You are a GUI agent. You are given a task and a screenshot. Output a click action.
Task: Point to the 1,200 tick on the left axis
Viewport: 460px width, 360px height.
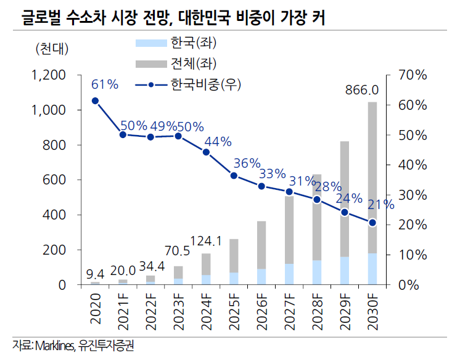[x=48, y=75]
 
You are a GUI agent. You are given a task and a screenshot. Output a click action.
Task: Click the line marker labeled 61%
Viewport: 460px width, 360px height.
[x=95, y=100]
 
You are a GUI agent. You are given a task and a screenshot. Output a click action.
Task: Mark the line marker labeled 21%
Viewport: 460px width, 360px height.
[x=372, y=223]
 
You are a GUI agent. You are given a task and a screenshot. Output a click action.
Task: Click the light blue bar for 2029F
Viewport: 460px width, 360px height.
[x=345, y=271]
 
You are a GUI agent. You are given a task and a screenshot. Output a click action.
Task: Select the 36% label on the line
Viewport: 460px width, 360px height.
[x=247, y=163]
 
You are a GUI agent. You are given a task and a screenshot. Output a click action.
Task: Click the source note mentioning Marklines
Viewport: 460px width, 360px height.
[x=73, y=346]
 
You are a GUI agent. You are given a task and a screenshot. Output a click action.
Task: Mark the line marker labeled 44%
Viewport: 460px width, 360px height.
[x=206, y=152]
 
